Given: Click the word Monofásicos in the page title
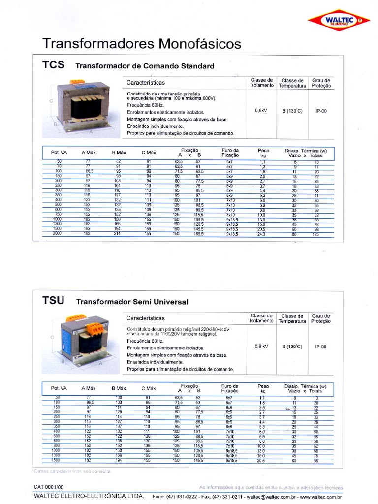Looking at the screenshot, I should [x=199, y=44].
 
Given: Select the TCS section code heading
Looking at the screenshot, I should [x=54, y=64].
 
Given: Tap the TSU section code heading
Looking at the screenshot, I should [x=54, y=300].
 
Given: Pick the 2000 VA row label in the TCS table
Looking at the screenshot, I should [x=59, y=234].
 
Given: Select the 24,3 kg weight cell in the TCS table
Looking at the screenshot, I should [x=262, y=234].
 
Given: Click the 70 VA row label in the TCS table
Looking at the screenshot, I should [x=59, y=166].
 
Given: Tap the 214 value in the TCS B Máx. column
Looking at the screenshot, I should [x=118, y=234].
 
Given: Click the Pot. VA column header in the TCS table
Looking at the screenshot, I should [x=59, y=153].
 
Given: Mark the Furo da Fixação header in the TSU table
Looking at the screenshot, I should [x=230, y=388].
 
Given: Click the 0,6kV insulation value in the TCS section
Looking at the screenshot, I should [x=261, y=111].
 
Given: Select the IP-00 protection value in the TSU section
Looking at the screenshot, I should [x=321, y=346].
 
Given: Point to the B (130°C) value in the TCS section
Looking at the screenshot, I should [x=292, y=111].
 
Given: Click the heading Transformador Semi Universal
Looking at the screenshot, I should [x=132, y=302].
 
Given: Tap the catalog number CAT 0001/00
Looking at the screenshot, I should [x=49, y=487].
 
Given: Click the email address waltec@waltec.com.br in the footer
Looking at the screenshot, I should [x=270, y=497].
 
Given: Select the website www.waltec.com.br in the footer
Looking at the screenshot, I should [x=320, y=497].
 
